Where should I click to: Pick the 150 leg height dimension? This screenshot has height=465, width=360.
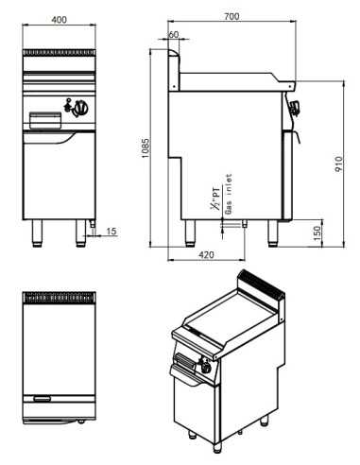click(319, 232)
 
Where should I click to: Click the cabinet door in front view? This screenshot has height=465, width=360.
click(57, 175)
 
